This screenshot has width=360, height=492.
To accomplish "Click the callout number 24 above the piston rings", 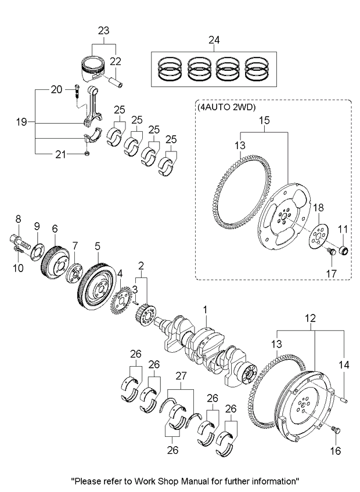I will click(x=215, y=40).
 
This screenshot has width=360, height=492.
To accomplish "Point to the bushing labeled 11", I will click(x=344, y=251).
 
